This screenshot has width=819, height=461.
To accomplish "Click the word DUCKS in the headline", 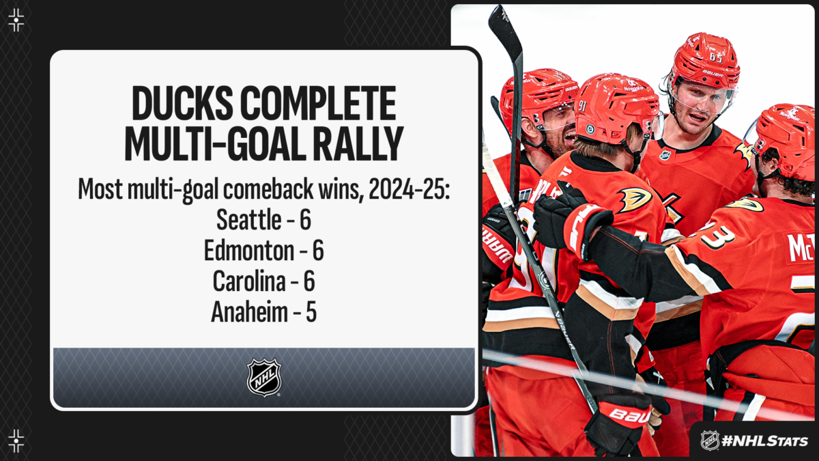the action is [182, 103].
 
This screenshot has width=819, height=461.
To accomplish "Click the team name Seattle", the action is [248, 220].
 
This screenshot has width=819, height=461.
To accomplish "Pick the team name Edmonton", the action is [248, 251].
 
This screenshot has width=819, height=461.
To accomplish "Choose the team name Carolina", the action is [248, 281].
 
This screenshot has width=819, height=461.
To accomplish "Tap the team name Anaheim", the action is [249, 312].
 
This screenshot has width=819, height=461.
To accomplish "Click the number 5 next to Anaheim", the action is [311, 313].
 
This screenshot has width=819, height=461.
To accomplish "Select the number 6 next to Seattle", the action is [306, 220].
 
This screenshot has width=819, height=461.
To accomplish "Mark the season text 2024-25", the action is [409, 189].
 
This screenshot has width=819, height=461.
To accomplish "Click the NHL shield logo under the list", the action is [264, 377].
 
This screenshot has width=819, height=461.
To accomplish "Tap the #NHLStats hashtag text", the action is [764, 441].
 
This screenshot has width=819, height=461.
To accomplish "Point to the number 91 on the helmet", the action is [582, 106].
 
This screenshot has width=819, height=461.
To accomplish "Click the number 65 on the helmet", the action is [715, 57].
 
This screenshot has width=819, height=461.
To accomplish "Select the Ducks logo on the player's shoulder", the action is [635, 199].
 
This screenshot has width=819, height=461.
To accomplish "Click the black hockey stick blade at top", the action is [506, 33].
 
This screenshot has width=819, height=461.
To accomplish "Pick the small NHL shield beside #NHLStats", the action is [710, 441].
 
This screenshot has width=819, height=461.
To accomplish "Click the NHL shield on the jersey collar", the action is [665, 155].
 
